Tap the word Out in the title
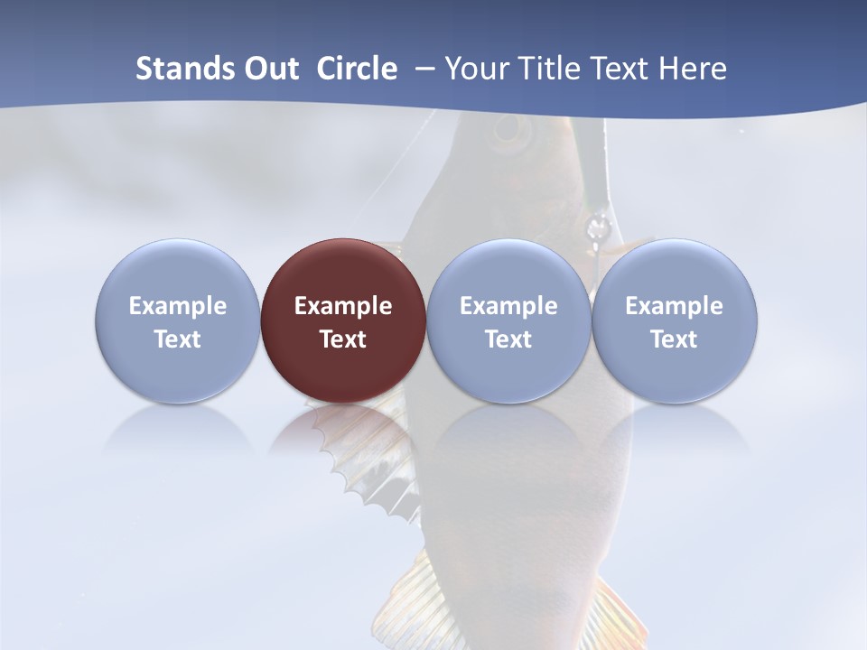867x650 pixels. pos(267,69)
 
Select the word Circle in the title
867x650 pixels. pos(357,69)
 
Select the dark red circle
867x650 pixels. pos(343,320)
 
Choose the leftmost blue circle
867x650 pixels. pos(178,320)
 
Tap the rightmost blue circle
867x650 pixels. pos(675,320)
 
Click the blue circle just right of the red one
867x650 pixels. pos(508,320)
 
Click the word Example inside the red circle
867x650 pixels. pos(343,306)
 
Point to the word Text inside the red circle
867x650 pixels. pos(343,339)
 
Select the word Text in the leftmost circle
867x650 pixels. pos(178,339)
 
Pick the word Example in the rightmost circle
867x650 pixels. pos(675,306)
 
